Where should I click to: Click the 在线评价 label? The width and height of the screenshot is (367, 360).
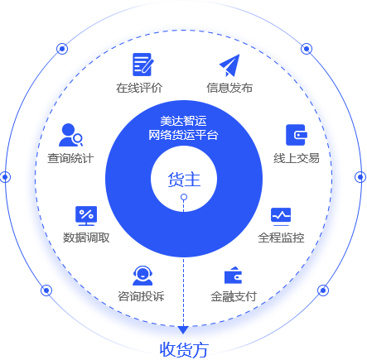pyautogui.click(x=139, y=88)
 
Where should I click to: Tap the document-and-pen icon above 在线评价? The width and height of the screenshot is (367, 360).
pyautogui.click(x=142, y=65)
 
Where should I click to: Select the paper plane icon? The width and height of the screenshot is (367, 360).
pyautogui.click(x=229, y=65)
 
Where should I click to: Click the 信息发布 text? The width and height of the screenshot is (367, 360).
pyautogui.click(x=229, y=88)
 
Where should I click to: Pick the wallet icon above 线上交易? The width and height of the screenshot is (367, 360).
pyautogui.click(x=297, y=135)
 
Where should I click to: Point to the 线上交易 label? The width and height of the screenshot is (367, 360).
pyautogui.click(x=297, y=158)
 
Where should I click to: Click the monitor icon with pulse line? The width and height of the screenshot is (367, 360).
pyautogui.click(x=281, y=216)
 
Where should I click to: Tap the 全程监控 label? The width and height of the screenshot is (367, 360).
pyautogui.click(x=281, y=238)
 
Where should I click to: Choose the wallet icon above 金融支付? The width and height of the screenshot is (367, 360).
pyautogui.click(x=234, y=275)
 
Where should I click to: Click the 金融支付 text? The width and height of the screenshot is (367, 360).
pyautogui.click(x=234, y=296)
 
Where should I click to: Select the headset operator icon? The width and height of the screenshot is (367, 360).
pyautogui.click(x=142, y=276)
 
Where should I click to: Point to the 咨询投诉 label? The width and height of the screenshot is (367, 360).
pyautogui.click(x=141, y=296)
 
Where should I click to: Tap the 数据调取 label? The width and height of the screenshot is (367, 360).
pyautogui.click(x=86, y=238)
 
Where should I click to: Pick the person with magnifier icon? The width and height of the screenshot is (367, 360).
pyautogui.click(x=70, y=135)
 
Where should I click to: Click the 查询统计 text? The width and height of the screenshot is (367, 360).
pyautogui.click(x=70, y=158)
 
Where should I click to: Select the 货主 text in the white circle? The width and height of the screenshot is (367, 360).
pyautogui.click(x=184, y=180)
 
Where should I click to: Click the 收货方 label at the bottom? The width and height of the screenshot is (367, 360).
pyautogui.click(x=184, y=350)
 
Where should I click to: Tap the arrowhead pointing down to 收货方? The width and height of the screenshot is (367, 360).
pyautogui.click(x=183, y=329)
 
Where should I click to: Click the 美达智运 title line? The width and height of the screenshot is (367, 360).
pyautogui.click(x=183, y=121)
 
